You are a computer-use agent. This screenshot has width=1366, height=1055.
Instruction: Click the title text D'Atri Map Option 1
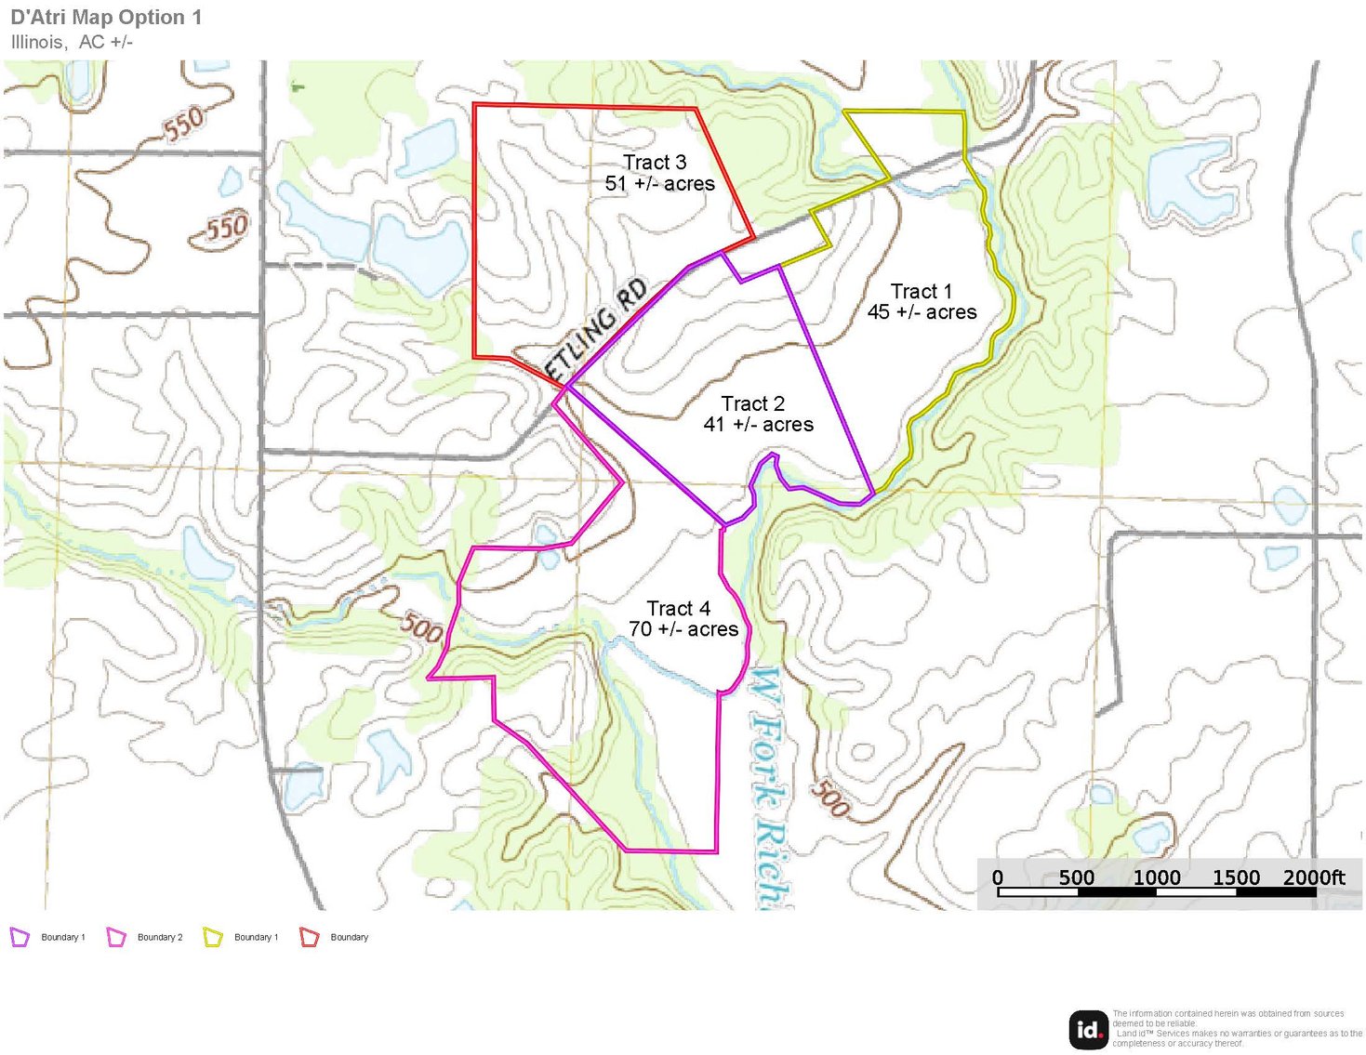106,18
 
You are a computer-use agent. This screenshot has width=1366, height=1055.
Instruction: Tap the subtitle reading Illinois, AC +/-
72,42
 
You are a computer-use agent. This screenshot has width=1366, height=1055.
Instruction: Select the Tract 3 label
655,163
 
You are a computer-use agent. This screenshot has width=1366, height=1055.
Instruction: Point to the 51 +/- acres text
660,184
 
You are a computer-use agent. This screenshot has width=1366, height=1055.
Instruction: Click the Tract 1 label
921,291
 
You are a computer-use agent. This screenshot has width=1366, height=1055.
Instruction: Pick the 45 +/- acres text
922,312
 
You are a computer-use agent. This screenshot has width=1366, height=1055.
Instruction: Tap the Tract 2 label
753,403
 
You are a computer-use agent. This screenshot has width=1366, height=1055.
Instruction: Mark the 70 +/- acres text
683,629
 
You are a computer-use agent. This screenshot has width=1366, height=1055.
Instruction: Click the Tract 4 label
679,608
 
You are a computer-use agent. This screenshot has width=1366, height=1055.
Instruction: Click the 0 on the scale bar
998,877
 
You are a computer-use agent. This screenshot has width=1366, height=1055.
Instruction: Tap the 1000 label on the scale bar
1157,877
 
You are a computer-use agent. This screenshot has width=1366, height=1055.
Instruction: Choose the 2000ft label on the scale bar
1314,877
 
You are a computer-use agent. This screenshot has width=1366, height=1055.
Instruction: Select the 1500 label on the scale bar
1236,877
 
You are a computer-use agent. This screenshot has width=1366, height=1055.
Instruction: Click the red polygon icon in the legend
310,937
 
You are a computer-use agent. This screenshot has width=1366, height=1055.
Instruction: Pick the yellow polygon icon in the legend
213,937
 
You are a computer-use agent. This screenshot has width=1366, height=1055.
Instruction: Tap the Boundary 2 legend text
160,937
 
